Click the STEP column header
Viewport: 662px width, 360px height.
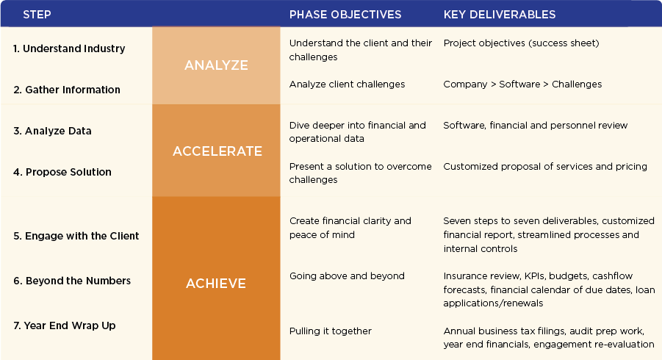coord(37,15)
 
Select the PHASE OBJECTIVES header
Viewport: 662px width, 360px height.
coord(345,15)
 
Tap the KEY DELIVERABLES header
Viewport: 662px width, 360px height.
coord(499,15)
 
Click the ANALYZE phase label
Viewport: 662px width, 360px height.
coord(216,65)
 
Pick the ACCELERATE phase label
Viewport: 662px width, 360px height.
coord(217,151)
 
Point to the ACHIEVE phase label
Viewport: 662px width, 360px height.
coord(216,283)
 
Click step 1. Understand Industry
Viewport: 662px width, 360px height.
coord(69,48)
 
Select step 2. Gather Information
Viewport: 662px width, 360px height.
coord(67,90)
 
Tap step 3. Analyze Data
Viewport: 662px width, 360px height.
coord(52,131)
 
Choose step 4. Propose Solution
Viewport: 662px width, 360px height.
coord(62,172)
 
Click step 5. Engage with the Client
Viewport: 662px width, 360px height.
coord(76,236)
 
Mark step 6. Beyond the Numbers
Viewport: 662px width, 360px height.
coord(72,281)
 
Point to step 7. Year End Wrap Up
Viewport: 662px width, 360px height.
coord(64,325)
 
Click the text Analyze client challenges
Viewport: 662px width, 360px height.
coord(347,84)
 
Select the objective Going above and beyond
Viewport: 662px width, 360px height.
coord(347,276)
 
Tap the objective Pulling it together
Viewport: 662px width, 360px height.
coord(330,331)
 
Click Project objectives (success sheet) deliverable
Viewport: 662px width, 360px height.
coord(521,43)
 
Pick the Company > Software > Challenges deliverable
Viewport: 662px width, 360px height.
coord(522,84)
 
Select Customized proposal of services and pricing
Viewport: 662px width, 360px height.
coord(544,167)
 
